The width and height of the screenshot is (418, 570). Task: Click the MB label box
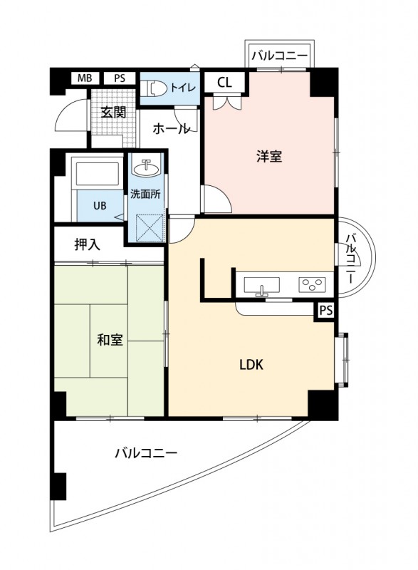pyautogui.click(x=85, y=78)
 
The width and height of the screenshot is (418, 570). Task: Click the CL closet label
pyautogui.click(x=224, y=82)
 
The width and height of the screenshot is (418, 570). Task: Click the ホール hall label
pyautogui.click(x=171, y=129)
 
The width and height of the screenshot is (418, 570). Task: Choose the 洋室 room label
pyautogui.click(x=269, y=157)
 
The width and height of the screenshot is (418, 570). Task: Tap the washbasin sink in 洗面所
pyautogui.click(x=147, y=168)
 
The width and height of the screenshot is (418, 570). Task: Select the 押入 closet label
pyautogui.click(x=88, y=244)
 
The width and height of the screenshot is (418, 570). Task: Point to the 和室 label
pyautogui.click(x=110, y=339)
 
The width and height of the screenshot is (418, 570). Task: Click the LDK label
pyautogui.click(x=251, y=365)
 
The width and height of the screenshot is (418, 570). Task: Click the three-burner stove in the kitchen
pyautogui.click(x=311, y=285)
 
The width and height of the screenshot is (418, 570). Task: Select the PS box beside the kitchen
pyautogui.click(x=325, y=310)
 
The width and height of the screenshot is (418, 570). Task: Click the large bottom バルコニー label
pyautogui.click(x=145, y=452)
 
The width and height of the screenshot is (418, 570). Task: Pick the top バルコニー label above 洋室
pyautogui.click(x=278, y=54)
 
